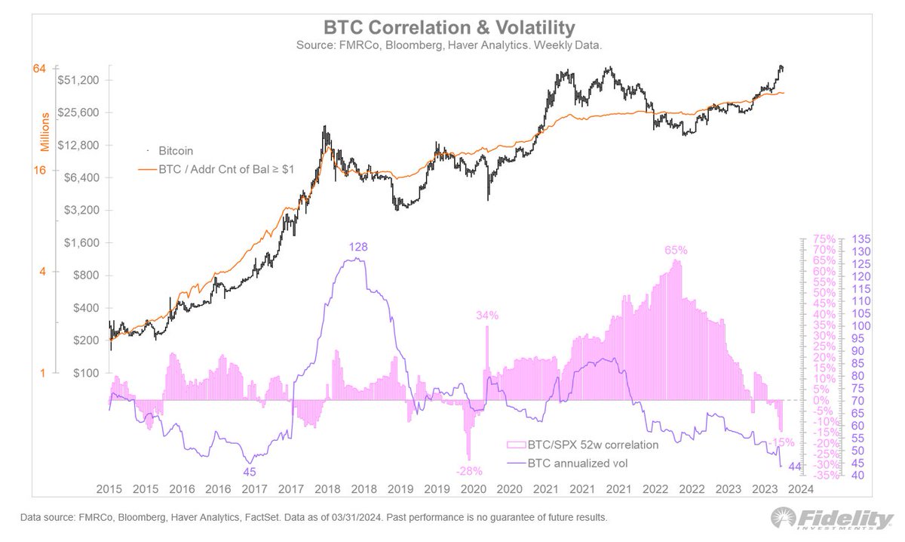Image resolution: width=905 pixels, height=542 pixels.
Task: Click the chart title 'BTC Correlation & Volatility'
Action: (449, 28)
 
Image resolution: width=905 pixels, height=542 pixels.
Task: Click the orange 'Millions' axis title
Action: (45, 131)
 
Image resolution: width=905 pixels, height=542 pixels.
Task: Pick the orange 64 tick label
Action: (40, 69)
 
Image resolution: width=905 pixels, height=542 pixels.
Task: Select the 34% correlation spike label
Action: (486, 316)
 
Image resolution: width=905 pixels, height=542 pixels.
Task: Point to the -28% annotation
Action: (468, 471)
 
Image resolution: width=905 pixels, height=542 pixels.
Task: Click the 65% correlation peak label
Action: (676, 249)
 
